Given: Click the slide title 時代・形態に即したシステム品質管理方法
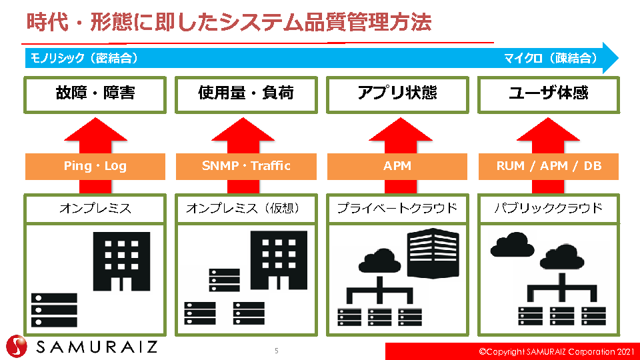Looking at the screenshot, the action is coord(229,22).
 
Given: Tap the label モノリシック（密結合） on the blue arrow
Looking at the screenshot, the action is coord(84,58).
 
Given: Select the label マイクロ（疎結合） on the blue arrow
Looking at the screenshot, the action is coord(551,58).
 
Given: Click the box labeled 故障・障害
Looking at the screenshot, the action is coord(95,95).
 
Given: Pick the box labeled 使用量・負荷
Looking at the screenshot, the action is coord(246,95).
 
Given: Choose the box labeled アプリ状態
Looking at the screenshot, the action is coord(397,95).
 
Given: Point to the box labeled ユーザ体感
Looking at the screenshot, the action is coord(549,95).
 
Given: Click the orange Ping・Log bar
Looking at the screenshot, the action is coord(95,166).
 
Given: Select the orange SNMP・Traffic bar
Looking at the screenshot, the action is coord(246,166).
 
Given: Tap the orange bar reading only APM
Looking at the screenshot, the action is coord(397,166).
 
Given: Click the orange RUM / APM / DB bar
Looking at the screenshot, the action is coord(549,166).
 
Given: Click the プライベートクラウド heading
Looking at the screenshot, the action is coord(397,209).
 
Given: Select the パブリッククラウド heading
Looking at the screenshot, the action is coord(549,209).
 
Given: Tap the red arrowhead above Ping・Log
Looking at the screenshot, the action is coord(95,130).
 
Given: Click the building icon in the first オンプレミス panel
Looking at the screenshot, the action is coord(121,261).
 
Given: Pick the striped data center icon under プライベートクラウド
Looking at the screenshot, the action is coord(433,253).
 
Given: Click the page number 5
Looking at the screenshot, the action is coord(276,351).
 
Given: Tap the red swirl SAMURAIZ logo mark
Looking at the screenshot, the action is coord(17,347).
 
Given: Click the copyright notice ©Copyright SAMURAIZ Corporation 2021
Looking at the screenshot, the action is coord(557,351).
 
